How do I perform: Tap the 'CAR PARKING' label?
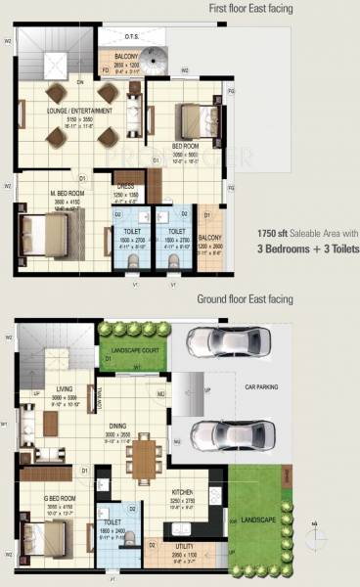[261, 387]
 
